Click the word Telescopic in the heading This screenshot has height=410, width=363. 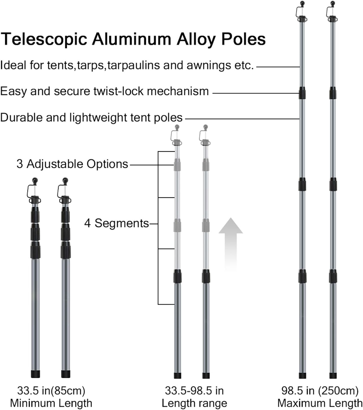click(x=44, y=39)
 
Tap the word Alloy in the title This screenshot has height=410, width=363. click(x=196, y=39)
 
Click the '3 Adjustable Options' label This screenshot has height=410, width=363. click(x=72, y=164)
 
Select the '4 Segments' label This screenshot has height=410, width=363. click(x=116, y=223)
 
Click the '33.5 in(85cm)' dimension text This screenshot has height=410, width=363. click(x=51, y=391)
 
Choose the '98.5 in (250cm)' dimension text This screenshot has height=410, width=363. click(x=320, y=391)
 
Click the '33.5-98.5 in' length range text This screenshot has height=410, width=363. click(x=194, y=391)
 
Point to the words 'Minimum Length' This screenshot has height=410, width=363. click(x=51, y=403)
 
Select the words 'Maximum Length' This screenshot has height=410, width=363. click(x=320, y=403)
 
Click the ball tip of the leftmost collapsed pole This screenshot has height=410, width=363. click(x=35, y=181)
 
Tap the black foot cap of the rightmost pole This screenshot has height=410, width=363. click(x=333, y=375)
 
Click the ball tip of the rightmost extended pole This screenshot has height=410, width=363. click(x=333, y=4)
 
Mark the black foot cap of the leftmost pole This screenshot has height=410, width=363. click(x=35, y=374)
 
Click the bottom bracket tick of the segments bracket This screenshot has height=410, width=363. click(x=166, y=304)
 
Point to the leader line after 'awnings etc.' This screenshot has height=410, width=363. click(x=278, y=67)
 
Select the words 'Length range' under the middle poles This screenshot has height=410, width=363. click(x=194, y=403)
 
